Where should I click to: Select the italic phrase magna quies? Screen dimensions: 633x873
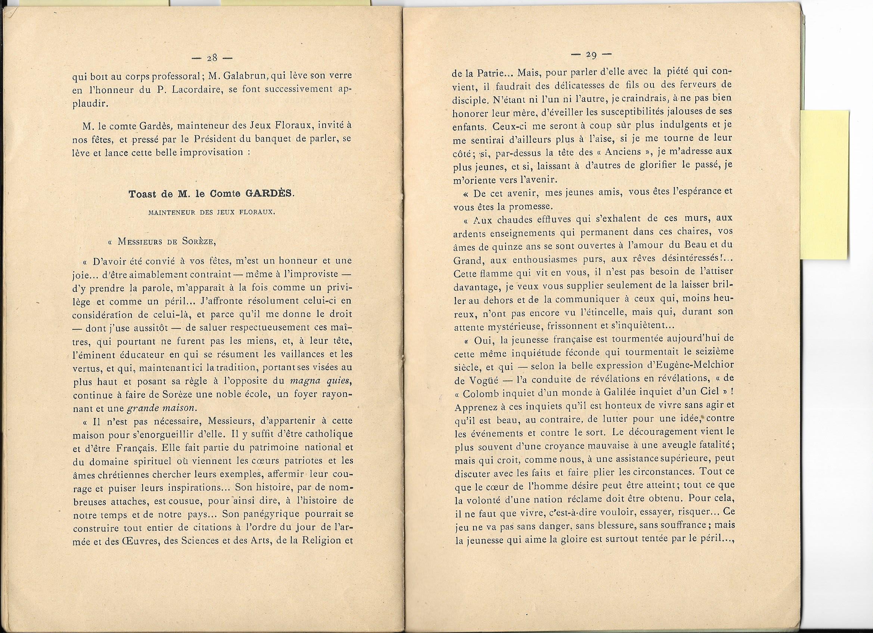(x=320, y=381)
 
